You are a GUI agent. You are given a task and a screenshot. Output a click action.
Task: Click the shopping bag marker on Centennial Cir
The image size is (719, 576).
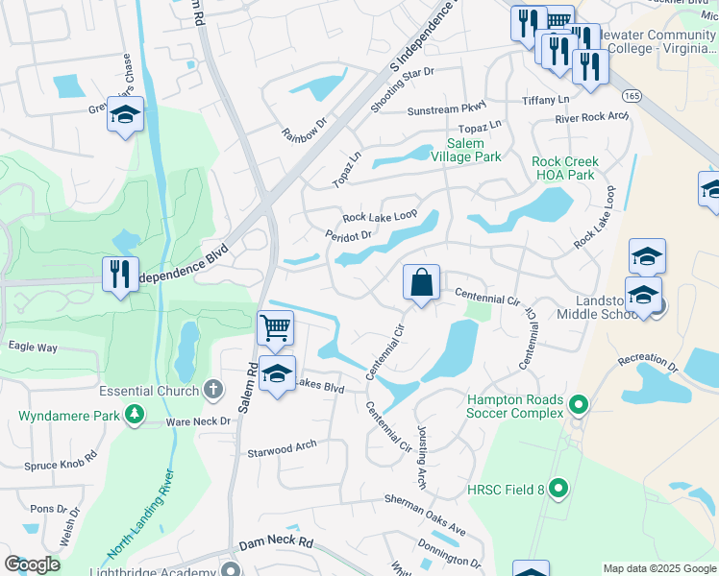pos(421,283)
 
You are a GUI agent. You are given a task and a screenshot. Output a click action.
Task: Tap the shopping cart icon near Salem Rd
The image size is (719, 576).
pos(276,328)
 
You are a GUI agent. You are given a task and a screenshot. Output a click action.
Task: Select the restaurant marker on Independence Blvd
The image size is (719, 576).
pos(120,276)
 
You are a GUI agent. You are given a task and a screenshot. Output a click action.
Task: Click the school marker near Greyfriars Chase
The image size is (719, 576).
pos(125,115)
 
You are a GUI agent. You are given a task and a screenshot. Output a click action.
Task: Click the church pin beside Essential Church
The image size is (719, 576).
pos(212,391)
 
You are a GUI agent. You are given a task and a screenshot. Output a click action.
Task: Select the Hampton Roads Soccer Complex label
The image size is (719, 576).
pos(514,406)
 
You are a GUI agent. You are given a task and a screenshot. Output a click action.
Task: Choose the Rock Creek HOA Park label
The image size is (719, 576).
pos(565,168)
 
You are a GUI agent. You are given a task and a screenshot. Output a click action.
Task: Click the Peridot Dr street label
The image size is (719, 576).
pos(348,234)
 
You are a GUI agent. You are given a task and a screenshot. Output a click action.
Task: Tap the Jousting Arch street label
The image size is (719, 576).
pos(420,458)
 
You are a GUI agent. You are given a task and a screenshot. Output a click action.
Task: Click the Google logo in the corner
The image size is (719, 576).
pos(33,564)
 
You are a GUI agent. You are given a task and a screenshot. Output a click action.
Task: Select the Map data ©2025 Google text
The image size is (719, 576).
pos(658,568)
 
